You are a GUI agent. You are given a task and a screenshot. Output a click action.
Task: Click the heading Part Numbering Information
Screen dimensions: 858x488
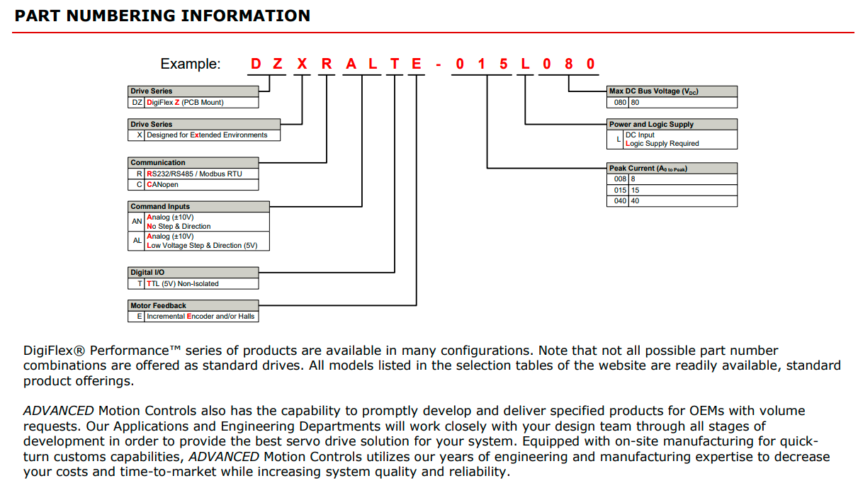coord(162,16)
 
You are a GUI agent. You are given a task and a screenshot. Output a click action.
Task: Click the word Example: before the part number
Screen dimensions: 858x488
coord(191,64)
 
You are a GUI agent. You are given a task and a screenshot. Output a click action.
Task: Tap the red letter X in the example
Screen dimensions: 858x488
coord(302,64)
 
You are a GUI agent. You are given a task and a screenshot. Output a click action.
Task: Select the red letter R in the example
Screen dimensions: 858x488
coord(327,64)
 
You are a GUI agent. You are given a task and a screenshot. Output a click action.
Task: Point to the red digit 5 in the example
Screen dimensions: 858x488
coord(503,64)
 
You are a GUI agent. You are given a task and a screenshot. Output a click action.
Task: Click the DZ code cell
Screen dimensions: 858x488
coord(137,102)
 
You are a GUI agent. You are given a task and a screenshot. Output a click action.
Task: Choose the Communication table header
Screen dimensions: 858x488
coord(193,162)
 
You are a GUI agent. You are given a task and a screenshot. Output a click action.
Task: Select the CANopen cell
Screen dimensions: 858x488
coord(201,185)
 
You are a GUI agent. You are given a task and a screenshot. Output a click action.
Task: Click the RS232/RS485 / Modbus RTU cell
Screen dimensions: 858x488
coord(201,174)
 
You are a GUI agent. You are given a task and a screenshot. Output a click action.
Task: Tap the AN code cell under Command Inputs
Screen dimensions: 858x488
coord(136,222)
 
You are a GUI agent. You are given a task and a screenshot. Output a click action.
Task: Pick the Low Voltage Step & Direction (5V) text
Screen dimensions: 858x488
coord(202,246)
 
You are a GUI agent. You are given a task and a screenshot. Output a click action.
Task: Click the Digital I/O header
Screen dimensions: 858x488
coord(193,273)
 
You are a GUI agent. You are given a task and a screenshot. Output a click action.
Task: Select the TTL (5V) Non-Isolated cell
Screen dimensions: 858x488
coord(201,284)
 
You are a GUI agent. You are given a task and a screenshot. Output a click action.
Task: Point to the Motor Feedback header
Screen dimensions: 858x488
coord(193,305)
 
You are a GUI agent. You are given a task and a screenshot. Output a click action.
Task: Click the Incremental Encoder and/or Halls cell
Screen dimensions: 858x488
coord(201,317)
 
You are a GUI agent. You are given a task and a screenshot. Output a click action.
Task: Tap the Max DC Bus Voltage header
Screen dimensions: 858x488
coord(672,91)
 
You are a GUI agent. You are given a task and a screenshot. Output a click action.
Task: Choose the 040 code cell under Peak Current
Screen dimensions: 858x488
coord(618,201)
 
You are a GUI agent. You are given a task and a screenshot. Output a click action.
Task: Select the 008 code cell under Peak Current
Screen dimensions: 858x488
coord(618,179)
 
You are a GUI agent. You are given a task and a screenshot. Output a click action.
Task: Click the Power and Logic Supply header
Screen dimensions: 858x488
coord(672,124)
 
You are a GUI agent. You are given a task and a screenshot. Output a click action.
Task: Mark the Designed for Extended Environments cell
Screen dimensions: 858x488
coord(213,135)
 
